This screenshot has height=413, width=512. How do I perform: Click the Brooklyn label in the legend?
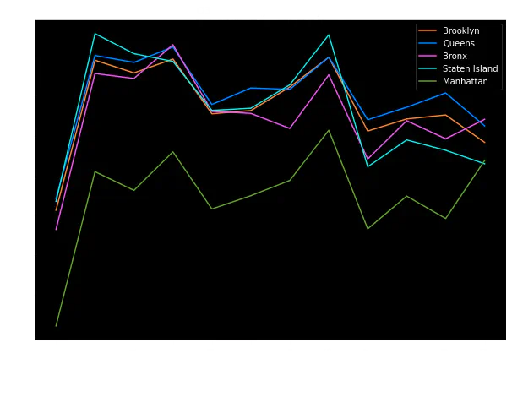(x=460, y=31)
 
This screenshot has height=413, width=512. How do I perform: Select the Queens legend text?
(x=459, y=44)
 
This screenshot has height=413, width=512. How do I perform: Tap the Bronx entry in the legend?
(x=455, y=57)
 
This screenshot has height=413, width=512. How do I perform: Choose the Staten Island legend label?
(x=470, y=69)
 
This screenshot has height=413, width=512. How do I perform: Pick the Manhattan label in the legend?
(x=464, y=82)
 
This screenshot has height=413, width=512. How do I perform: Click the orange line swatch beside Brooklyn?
(x=428, y=31)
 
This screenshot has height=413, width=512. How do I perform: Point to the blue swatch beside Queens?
(x=428, y=44)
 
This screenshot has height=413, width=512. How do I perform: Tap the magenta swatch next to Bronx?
(x=428, y=57)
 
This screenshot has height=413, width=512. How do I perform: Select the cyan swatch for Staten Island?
(x=428, y=69)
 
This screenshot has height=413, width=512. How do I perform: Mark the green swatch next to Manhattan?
(x=428, y=82)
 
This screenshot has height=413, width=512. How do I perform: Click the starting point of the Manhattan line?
(x=56, y=326)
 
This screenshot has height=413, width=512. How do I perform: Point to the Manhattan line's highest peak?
(x=329, y=130)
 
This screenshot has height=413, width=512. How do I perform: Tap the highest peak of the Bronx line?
(x=173, y=45)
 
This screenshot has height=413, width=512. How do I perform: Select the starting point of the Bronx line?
(x=56, y=229)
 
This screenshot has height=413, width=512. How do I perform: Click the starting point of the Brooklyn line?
(x=56, y=210)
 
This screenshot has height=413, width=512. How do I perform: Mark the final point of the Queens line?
(x=485, y=126)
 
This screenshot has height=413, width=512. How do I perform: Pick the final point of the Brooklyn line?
(x=485, y=143)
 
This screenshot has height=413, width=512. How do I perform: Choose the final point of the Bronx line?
(x=485, y=119)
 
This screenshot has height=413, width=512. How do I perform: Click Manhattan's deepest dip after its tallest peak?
(x=368, y=229)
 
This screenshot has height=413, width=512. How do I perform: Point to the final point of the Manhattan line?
(x=485, y=159)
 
